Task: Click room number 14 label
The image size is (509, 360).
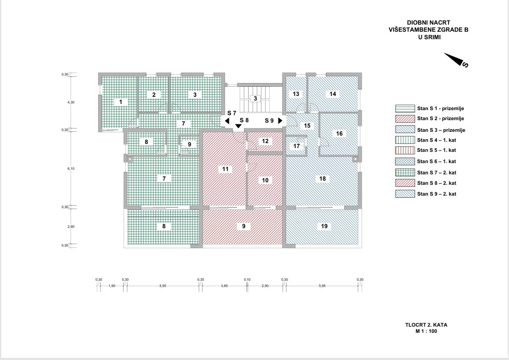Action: click(333, 94)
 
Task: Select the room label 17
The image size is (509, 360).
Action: click(296, 146)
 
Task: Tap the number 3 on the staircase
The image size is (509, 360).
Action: click(255, 98)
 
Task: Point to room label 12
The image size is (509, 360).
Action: click(265, 141)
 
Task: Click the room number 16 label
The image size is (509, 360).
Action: click(339, 133)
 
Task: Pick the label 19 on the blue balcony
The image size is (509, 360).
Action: click(324, 226)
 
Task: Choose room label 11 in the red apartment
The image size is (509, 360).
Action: click(225, 169)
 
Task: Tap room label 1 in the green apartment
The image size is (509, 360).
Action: click(121, 102)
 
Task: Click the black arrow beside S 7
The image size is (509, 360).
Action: click(227, 121)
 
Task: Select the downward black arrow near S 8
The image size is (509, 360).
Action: click(238, 126)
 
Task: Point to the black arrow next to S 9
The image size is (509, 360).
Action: click(280, 121)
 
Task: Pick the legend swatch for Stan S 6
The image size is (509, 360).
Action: click(405, 161)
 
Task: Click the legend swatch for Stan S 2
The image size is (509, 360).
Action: click(405, 118)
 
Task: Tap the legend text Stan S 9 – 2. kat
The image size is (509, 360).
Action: click(436, 194)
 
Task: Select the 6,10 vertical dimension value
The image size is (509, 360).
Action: click(71, 169)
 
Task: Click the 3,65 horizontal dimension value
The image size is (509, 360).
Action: click(224, 286)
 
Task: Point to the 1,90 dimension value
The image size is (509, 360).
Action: click(111, 286)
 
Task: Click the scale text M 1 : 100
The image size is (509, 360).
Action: click(426, 331)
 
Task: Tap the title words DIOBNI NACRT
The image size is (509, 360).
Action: click(428, 23)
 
